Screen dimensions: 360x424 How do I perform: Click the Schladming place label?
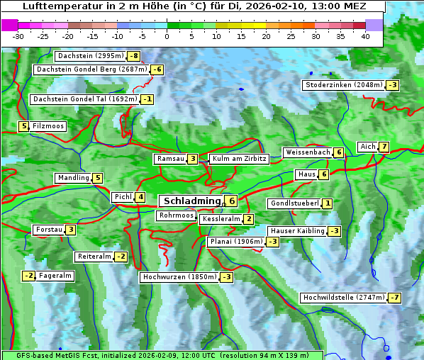point(189,201)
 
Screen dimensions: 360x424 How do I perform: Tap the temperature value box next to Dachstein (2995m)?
point(134,56)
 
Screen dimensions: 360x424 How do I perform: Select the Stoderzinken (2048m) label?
point(343,85)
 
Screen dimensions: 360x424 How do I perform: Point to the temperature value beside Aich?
point(384,147)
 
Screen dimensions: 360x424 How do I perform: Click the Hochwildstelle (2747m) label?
point(343,298)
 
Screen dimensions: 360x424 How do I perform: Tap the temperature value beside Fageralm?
point(29,276)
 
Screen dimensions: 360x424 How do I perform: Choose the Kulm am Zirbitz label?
point(239,159)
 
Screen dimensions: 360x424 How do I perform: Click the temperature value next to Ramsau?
point(193,159)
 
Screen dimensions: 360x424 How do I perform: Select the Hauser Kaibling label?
point(297,231)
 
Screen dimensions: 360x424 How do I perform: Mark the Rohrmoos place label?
point(176,215)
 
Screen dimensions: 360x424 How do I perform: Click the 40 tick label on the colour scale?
point(365,36)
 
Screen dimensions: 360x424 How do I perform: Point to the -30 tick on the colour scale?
point(18,36)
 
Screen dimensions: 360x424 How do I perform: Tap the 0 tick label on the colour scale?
point(167,36)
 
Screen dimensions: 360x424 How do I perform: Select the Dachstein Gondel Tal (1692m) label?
point(84,99)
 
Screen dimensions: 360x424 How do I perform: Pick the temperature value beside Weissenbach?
point(339,152)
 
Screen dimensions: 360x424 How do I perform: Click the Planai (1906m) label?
point(236,242)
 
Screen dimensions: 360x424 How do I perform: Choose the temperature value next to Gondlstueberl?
point(327,203)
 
